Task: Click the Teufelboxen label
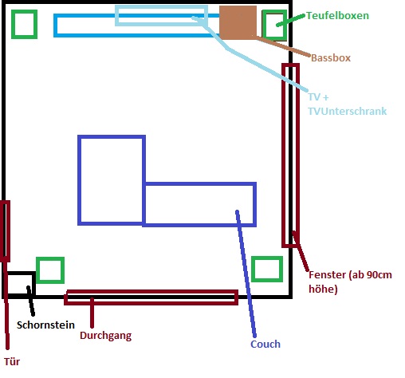pyautogui.click(x=337, y=16)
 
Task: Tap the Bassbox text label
pyautogui.click(x=331, y=58)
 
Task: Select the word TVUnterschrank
pyautogui.click(x=348, y=111)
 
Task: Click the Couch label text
pyautogui.click(x=265, y=345)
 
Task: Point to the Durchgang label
pyautogui.click(x=105, y=336)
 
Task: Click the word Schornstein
pyautogui.click(x=45, y=325)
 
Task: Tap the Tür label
pyautogui.click(x=12, y=361)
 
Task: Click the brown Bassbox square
pyautogui.click(x=238, y=22)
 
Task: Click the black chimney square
pyautogui.click(x=33, y=283)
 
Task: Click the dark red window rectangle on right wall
pyautogui.click(x=284, y=156)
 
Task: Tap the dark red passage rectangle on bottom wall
pyautogui.click(x=151, y=292)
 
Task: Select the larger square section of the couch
pyautogui.click(x=79, y=180)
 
